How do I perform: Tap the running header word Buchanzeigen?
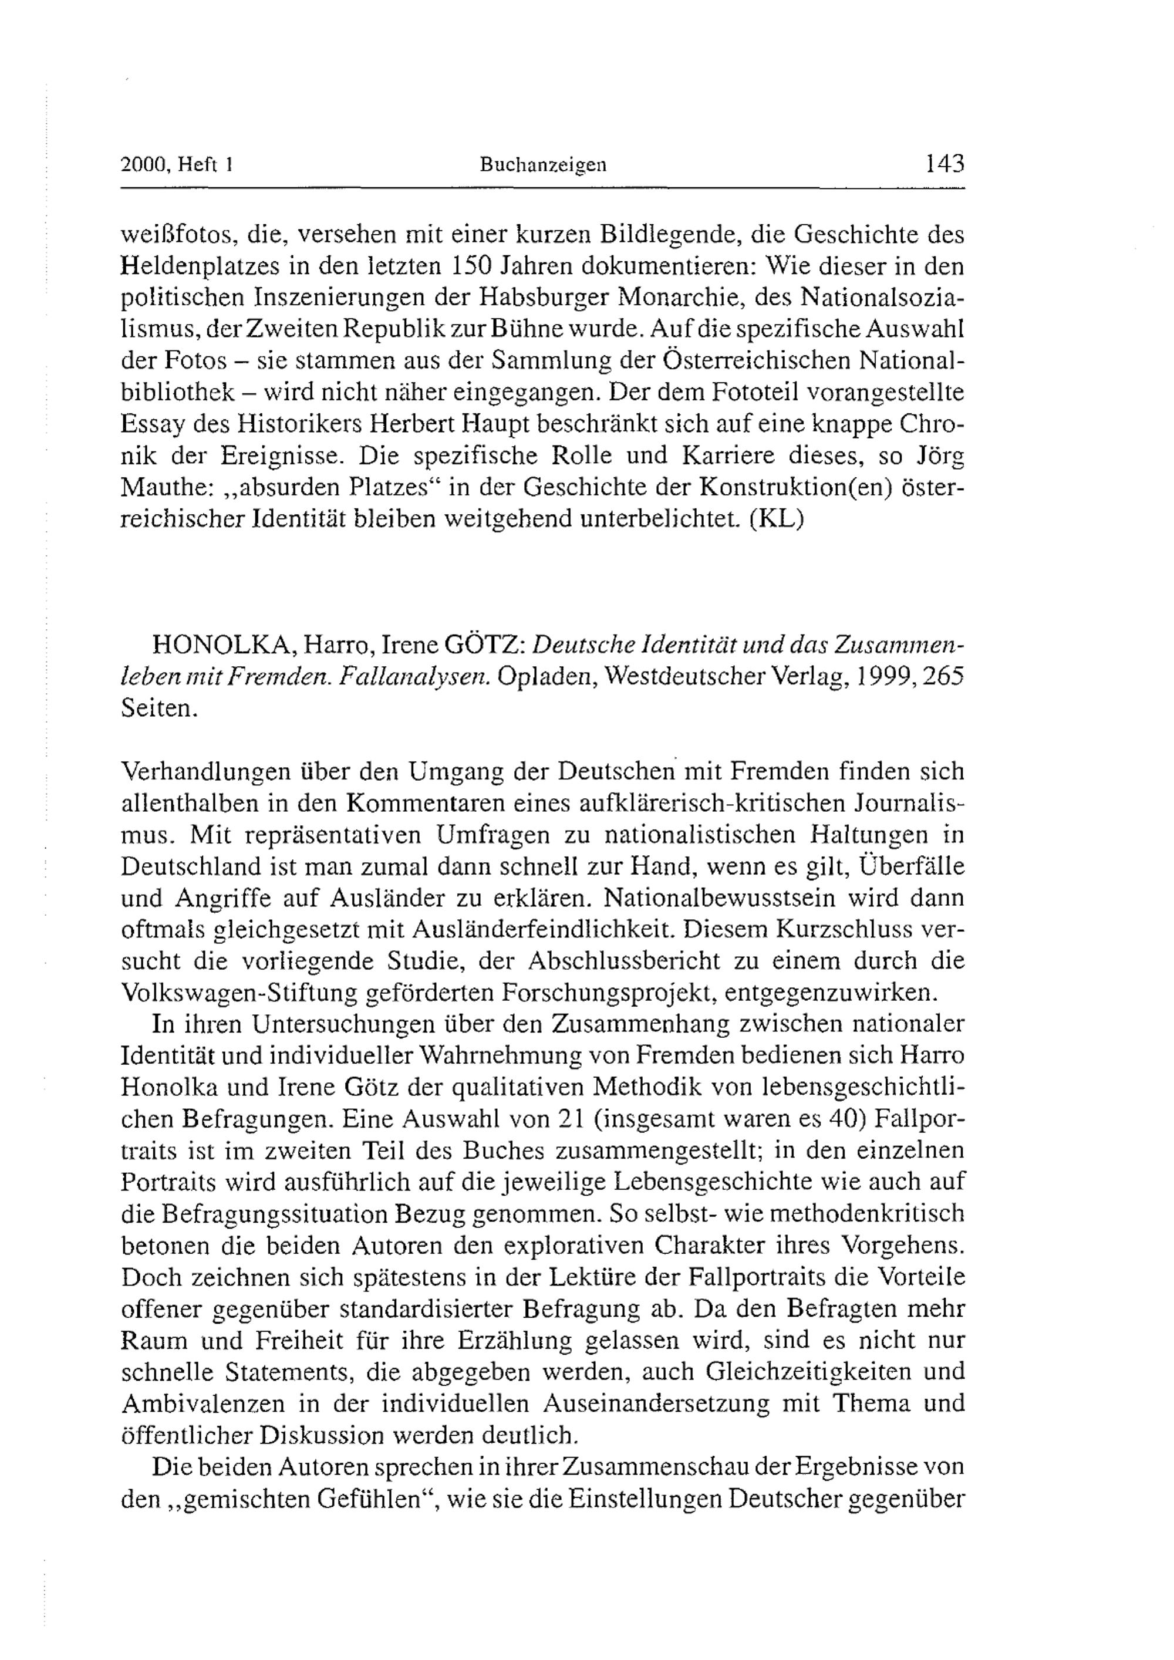point(543,166)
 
